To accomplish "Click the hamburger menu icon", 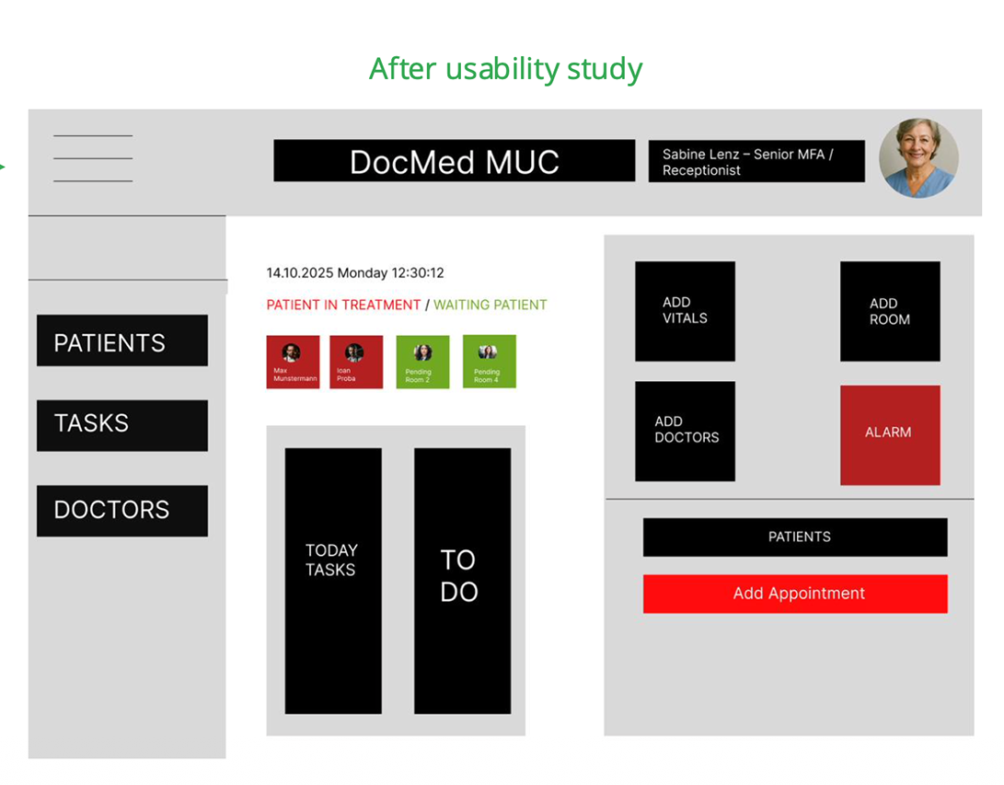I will (x=93, y=158).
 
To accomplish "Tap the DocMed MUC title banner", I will (x=454, y=161).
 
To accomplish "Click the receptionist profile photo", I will (x=917, y=158).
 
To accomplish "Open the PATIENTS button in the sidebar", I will (x=121, y=341).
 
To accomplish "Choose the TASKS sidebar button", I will (x=121, y=425).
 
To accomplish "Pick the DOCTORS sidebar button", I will (x=121, y=511).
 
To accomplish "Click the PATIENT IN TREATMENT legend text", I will (x=343, y=305).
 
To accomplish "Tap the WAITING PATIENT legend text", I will (x=490, y=305).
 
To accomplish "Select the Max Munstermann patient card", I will (x=293, y=362).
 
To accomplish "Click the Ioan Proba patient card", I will (x=356, y=362).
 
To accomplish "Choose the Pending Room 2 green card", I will (x=422, y=362).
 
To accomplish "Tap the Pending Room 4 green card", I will (x=489, y=362).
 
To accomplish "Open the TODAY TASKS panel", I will (x=332, y=580).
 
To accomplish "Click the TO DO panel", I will (x=462, y=580).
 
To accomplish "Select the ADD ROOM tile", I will (x=889, y=311).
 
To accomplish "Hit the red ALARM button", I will (x=889, y=434).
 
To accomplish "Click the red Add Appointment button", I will (x=794, y=594).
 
